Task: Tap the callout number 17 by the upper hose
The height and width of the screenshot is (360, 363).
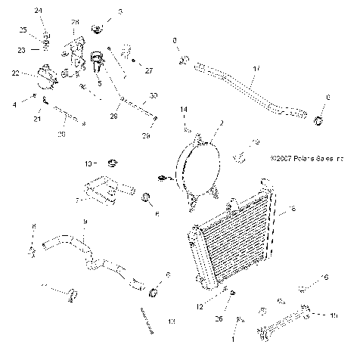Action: click(x=256, y=69)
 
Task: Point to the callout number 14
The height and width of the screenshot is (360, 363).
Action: click(x=183, y=110)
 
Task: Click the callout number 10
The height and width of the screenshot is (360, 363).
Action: click(x=88, y=163)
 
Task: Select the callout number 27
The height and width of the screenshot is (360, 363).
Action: click(x=149, y=70)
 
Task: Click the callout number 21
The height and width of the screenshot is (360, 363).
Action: click(x=36, y=119)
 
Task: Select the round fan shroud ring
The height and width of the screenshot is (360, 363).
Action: click(x=199, y=168)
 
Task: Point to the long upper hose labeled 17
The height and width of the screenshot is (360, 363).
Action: click(x=250, y=87)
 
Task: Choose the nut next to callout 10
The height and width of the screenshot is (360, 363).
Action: click(x=112, y=163)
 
